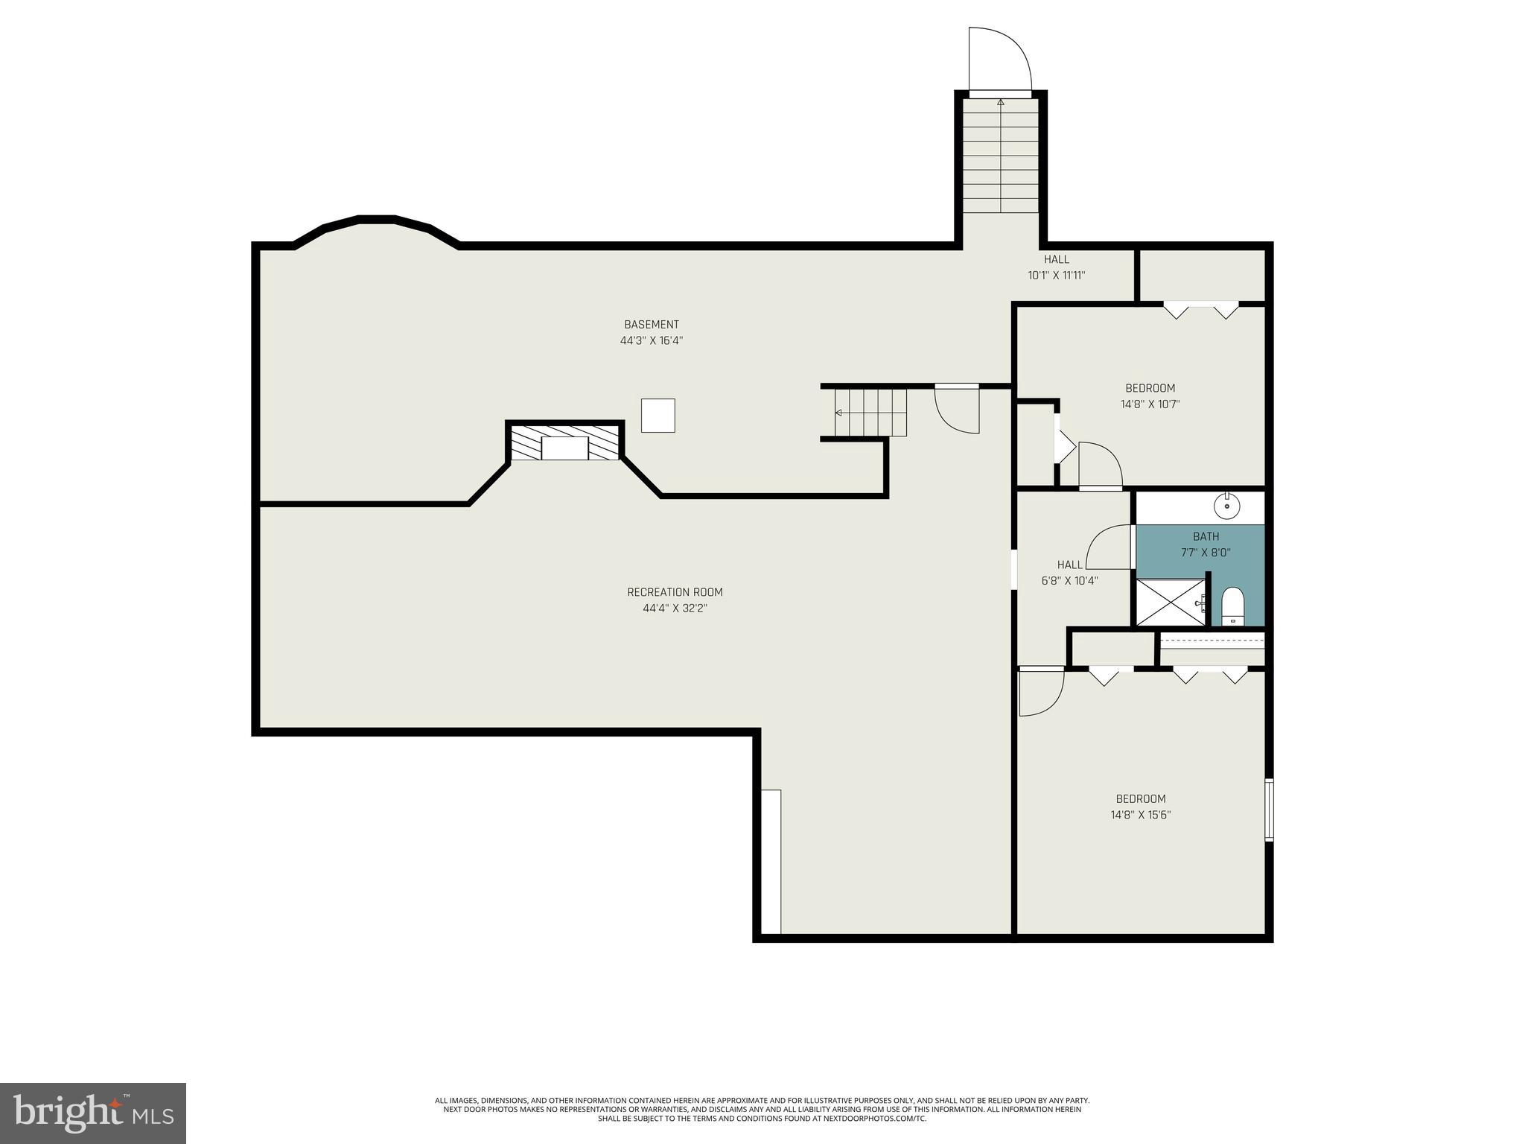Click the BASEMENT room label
coord(651,325)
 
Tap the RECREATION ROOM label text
coord(675,592)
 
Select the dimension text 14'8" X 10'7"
coord(1150,404)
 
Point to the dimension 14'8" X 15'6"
coord(1140,815)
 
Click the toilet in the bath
coord(1233,606)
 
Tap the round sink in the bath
coord(1226,506)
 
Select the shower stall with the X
coord(1169,603)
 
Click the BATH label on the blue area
coord(1206,536)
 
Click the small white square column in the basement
coord(658,416)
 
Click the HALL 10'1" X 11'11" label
coord(1056,267)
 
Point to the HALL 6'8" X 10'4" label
coord(1069,573)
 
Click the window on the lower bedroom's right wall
coord(1269,810)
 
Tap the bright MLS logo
coord(93,1113)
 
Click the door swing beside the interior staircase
coord(957,410)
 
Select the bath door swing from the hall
coord(1110,547)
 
